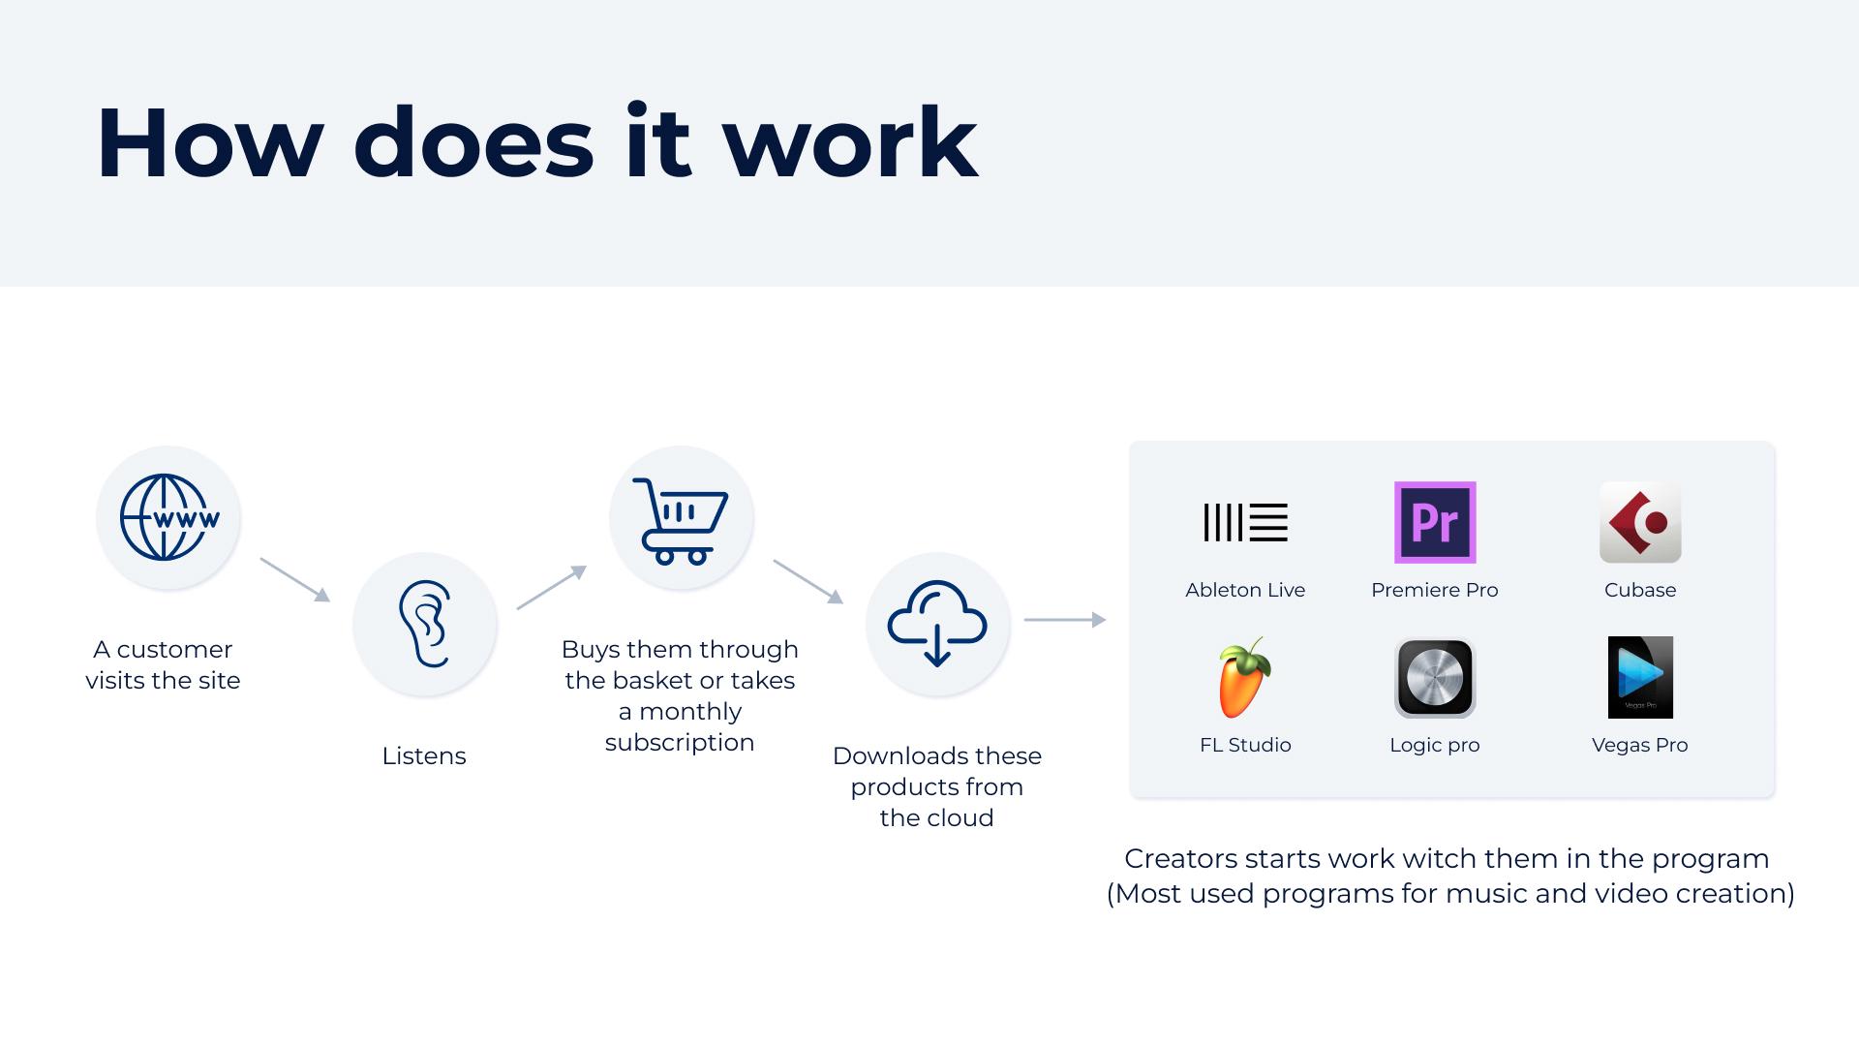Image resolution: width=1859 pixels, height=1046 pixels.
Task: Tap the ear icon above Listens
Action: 425,624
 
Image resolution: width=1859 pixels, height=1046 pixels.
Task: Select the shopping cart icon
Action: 680,520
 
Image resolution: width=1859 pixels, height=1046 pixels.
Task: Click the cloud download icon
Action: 937,624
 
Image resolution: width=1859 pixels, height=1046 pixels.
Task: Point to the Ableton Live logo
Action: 1245,522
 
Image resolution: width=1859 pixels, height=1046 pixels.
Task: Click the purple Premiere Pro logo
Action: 1435,522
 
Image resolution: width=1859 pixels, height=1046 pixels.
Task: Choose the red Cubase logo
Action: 1640,522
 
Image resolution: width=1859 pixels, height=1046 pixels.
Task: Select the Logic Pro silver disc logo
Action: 1435,677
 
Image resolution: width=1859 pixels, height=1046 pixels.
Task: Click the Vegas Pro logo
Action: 1640,677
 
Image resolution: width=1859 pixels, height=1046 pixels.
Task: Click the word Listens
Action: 424,755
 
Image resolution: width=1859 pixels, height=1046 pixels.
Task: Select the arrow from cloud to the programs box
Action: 1065,619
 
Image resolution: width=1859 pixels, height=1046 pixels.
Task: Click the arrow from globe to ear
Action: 295,579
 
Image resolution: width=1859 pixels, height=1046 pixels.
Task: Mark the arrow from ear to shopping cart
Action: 552,587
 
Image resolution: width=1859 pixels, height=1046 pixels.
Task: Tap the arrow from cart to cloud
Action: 808,581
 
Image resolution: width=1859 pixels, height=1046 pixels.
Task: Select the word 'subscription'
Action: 680,743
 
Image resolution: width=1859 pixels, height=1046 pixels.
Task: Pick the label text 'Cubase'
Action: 1640,590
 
